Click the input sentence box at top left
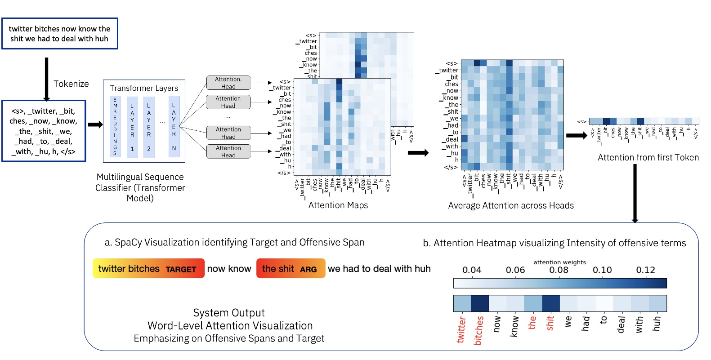click(59, 34)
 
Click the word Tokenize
click(71, 84)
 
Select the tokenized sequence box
click(44, 131)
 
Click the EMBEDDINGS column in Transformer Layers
click(115, 126)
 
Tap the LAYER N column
click(174, 126)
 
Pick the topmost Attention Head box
click(228, 83)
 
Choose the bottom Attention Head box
click(228, 151)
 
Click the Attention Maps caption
click(338, 205)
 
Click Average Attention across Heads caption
click(511, 206)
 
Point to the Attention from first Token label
click(648, 158)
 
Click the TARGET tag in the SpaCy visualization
click(181, 270)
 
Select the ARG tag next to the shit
click(308, 270)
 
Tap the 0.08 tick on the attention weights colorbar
click(559, 270)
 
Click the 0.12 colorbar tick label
click(645, 270)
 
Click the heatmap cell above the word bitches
click(479, 303)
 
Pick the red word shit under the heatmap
click(550, 323)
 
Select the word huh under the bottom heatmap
click(657, 324)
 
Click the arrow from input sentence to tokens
click(46, 79)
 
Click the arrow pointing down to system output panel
click(635, 193)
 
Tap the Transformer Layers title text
click(144, 88)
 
